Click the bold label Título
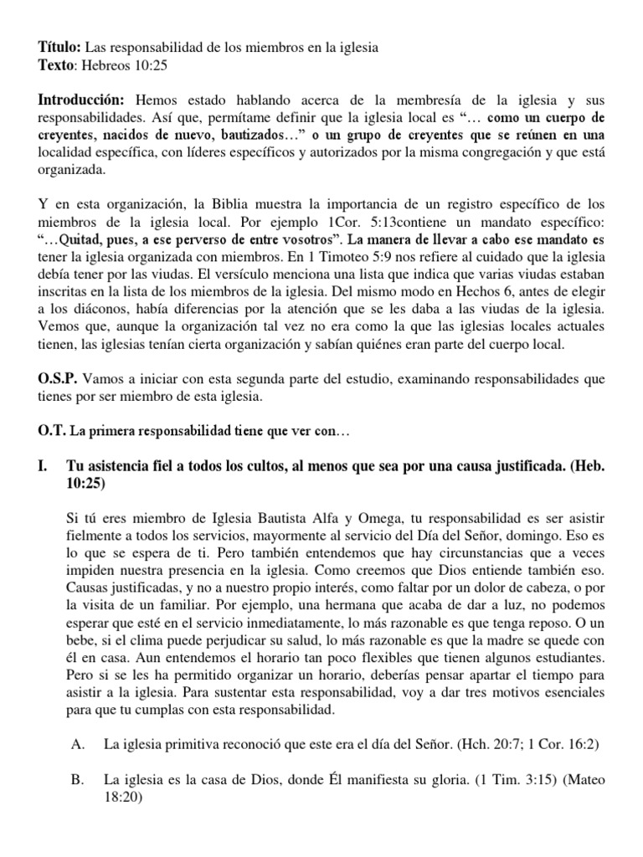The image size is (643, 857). tap(59, 48)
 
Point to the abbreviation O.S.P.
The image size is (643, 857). tap(58, 378)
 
